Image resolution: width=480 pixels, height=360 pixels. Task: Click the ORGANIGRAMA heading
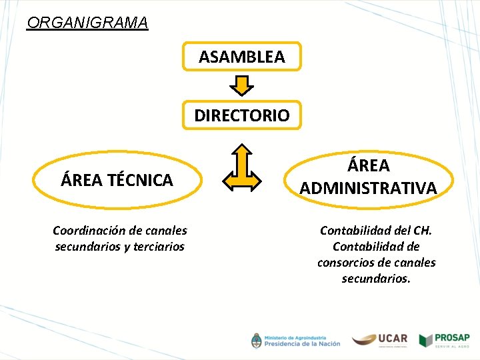coord(87,23)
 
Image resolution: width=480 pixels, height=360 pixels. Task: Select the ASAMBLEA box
coord(242,57)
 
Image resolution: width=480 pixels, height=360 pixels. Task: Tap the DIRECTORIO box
coord(242,115)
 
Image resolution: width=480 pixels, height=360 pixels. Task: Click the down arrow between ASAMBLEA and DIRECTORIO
coord(242,85)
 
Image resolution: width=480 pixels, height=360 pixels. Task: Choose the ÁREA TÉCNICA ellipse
coord(117,179)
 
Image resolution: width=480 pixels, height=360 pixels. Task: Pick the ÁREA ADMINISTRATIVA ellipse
coord(369,177)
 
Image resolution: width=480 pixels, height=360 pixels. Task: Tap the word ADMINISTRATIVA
coord(369,188)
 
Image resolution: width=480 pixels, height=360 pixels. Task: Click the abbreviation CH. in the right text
coord(422,231)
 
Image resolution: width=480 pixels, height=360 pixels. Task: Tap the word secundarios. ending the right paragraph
coord(376,279)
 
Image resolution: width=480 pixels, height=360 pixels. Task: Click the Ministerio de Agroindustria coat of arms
coord(256,340)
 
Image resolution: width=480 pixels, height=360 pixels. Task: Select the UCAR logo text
coord(393,338)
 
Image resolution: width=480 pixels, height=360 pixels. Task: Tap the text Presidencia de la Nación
coord(301,344)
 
